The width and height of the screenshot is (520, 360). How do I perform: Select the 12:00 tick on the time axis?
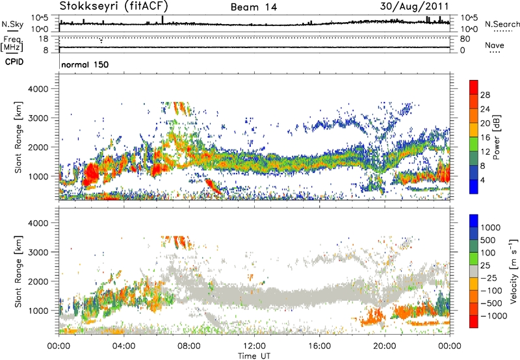point(254,345)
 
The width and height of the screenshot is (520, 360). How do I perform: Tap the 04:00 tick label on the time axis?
point(123,345)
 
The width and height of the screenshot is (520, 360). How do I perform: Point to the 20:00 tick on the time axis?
point(385,345)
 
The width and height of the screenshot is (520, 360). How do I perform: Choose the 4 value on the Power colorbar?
point(486,179)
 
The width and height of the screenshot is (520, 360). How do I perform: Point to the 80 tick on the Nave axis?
point(465,39)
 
